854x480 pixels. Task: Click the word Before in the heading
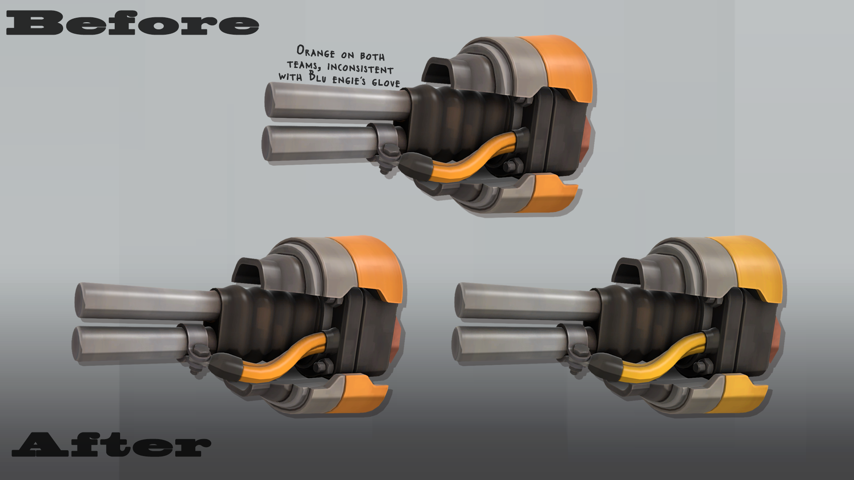pos(132,23)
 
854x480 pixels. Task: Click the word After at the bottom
pos(111,444)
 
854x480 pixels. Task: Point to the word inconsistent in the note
pos(360,68)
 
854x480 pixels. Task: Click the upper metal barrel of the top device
pos(338,101)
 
